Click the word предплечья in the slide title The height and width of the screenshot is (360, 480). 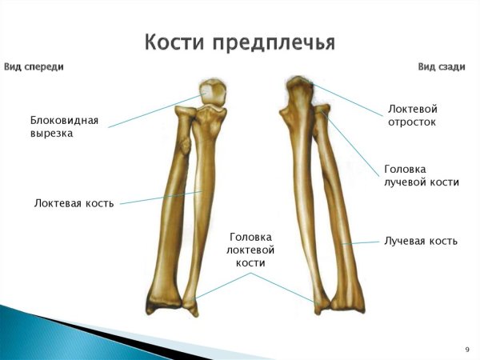click(273, 42)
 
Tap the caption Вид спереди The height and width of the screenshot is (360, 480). click(34, 67)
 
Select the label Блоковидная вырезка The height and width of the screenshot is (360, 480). click(64, 126)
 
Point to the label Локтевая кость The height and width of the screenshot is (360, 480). click(74, 203)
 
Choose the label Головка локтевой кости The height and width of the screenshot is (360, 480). click(250, 250)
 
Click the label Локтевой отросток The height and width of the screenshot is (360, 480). click(412, 115)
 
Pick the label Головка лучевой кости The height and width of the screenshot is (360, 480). click(421, 175)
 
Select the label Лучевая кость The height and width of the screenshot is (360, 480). click(420, 240)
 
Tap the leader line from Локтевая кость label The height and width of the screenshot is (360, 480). click(160, 198)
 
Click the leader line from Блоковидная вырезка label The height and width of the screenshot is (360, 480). click(152, 113)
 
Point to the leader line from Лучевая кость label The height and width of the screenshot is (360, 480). click(360, 242)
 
